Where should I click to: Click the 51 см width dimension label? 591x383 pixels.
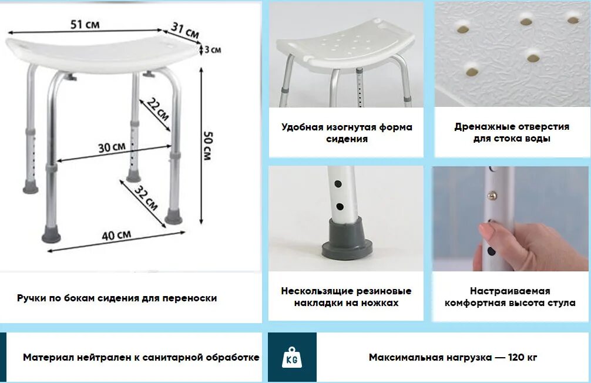(x=85, y=25)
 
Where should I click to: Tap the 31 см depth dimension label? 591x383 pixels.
(x=184, y=31)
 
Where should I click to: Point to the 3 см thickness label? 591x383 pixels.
(x=212, y=50)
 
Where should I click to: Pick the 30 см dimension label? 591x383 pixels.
(x=112, y=147)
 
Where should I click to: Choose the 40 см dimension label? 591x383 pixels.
(x=116, y=236)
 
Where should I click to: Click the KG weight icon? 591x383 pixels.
(x=292, y=357)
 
